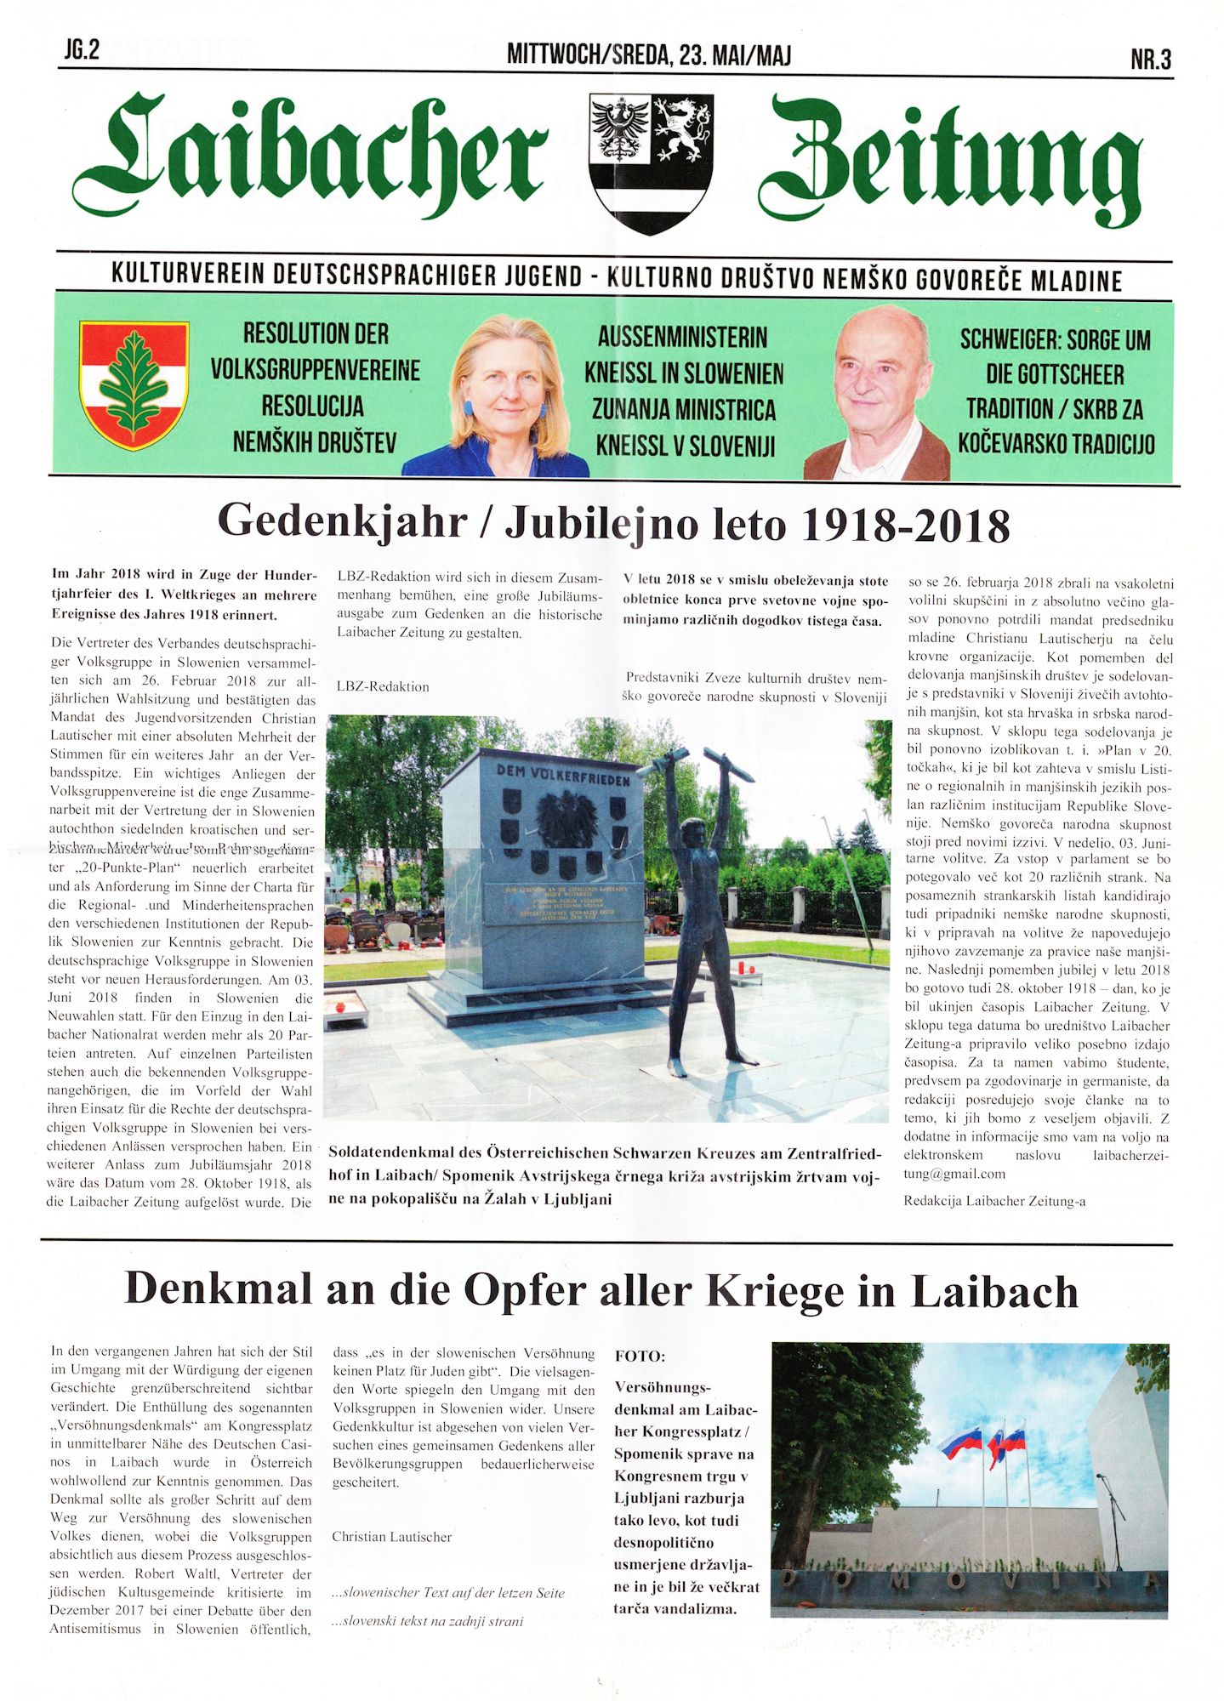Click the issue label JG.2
82,50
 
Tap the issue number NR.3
1151,60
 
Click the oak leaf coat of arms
134,384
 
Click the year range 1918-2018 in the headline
905,525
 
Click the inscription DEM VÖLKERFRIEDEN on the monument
563,775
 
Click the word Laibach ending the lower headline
994,1291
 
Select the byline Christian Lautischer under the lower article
391,1537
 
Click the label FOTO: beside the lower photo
640,1356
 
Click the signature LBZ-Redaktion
383,686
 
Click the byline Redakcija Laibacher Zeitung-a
993,1201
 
